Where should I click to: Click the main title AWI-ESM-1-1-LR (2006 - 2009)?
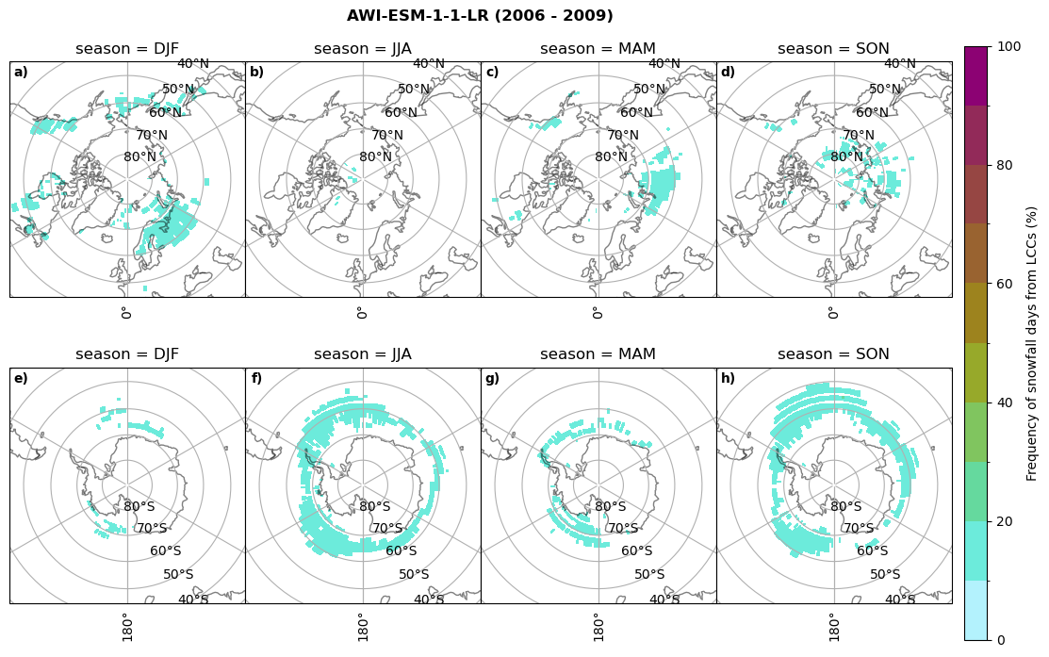tap(480, 16)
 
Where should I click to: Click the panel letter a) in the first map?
tap(21, 73)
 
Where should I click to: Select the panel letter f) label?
tap(256, 379)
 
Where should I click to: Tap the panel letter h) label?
tap(728, 379)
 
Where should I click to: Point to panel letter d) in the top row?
tap(728, 73)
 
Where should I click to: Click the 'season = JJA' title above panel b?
tap(363, 49)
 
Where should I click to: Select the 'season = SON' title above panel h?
tap(833, 354)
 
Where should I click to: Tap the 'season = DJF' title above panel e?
tap(127, 354)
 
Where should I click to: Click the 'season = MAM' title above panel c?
tap(598, 49)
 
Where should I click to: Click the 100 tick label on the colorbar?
tap(1009, 46)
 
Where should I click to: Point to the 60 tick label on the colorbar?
tap(1006, 284)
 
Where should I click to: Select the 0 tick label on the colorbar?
tap(1002, 640)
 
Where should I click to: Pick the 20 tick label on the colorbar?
tap(1006, 521)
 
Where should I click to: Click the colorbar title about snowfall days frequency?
tap(1032, 343)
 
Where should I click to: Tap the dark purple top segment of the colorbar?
tap(976, 75)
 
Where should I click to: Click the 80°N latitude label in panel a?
tap(139, 157)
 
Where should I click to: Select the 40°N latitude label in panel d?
tap(899, 64)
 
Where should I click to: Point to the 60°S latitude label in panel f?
tap(402, 551)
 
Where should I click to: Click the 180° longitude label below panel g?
tap(598, 625)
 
